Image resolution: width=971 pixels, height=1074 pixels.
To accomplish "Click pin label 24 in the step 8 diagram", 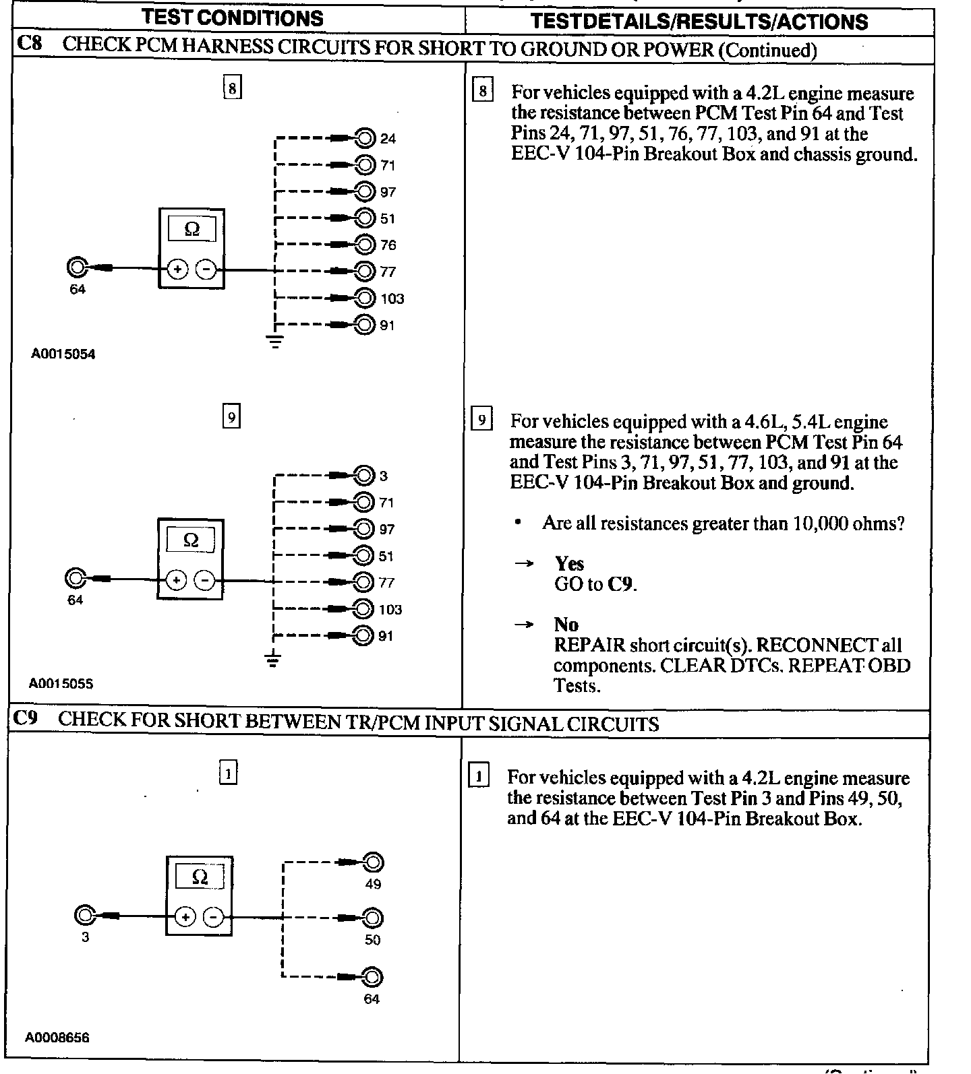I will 388,139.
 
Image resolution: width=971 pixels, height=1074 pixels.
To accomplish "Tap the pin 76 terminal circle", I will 365,245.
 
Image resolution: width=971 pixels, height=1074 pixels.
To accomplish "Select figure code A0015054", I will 63,354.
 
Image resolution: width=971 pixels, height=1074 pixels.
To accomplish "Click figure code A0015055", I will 61,684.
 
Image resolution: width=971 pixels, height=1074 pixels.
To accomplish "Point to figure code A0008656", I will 57,1038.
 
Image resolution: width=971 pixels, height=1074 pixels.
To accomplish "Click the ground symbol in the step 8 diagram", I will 275,341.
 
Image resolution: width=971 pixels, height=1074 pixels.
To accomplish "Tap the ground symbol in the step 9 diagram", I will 272,660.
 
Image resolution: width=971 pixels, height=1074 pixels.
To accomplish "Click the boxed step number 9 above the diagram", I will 231,418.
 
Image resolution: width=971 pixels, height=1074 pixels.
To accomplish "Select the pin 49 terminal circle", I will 373,862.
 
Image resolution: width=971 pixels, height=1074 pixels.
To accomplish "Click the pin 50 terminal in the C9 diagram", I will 372,918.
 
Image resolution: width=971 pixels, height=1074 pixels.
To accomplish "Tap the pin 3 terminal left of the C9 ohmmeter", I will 85,916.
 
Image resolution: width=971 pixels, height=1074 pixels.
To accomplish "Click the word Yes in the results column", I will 569,563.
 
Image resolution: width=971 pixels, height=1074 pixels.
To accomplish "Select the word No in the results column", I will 566,624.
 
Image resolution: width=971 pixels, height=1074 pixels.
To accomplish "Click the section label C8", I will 30,45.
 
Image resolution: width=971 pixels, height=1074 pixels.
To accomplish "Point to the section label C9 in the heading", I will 26,720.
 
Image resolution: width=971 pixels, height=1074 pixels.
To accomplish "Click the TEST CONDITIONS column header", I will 233,18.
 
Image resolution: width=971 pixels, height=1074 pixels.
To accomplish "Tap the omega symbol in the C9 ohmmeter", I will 200,877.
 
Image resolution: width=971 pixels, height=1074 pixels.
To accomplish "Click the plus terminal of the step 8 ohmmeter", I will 177,270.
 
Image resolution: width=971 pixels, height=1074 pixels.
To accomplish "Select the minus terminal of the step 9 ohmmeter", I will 205,580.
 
